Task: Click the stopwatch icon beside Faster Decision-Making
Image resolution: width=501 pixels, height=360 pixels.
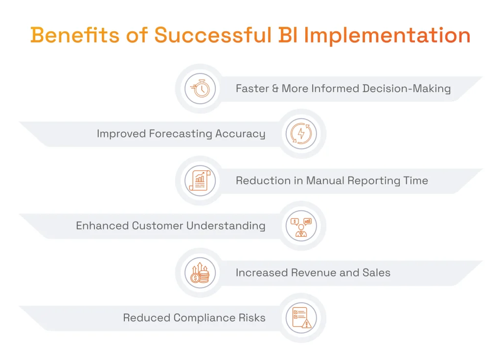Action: click(200, 89)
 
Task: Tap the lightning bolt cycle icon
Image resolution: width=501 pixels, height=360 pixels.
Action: click(301, 134)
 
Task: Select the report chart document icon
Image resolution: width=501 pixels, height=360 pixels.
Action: click(200, 180)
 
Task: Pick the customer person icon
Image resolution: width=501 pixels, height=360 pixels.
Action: click(301, 226)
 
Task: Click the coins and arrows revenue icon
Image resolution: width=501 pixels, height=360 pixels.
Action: click(200, 272)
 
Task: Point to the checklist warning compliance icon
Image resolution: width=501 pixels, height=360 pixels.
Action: click(301, 317)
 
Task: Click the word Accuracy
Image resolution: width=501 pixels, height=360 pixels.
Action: click(242, 134)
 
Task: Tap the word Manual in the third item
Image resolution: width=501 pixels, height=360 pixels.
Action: click(325, 180)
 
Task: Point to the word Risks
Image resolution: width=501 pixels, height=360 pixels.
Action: click(252, 317)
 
